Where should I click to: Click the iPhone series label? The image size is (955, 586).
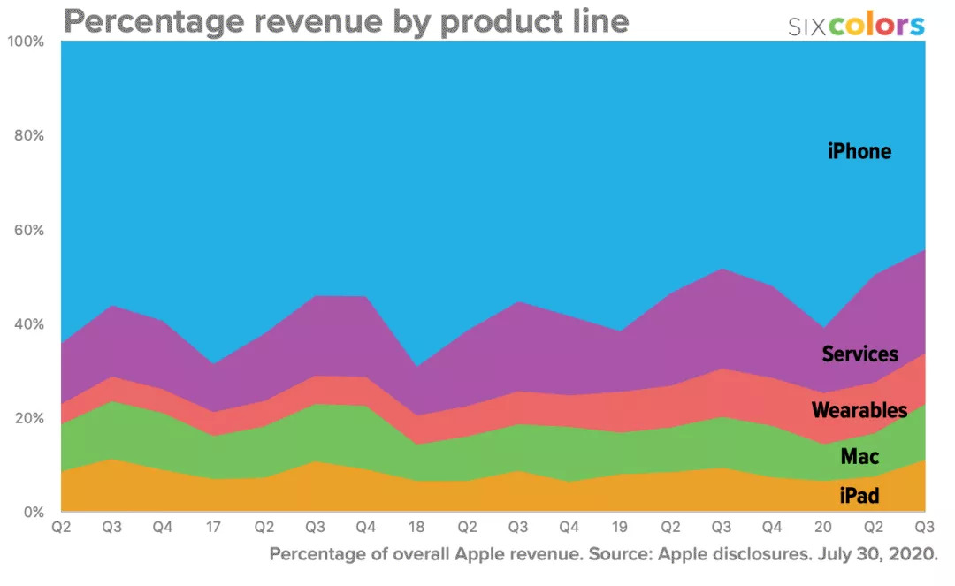pyautogui.click(x=859, y=151)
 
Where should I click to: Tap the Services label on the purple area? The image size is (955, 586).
pyautogui.click(x=859, y=354)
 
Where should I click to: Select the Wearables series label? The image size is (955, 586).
pyautogui.click(x=859, y=410)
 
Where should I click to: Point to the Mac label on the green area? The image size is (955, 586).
pyautogui.click(x=859, y=457)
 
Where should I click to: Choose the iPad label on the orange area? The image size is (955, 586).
pyautogui.click(x=859, y=496)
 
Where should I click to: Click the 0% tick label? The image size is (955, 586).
pyautogui.click(x=31, y=512)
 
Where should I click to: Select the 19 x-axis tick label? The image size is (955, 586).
pyautogui.click(x=620, y=528)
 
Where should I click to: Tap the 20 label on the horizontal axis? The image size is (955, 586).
pyautogui.click(x=823, y=528)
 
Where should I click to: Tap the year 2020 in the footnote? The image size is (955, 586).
pyautogui.click(x=910, y=555)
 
